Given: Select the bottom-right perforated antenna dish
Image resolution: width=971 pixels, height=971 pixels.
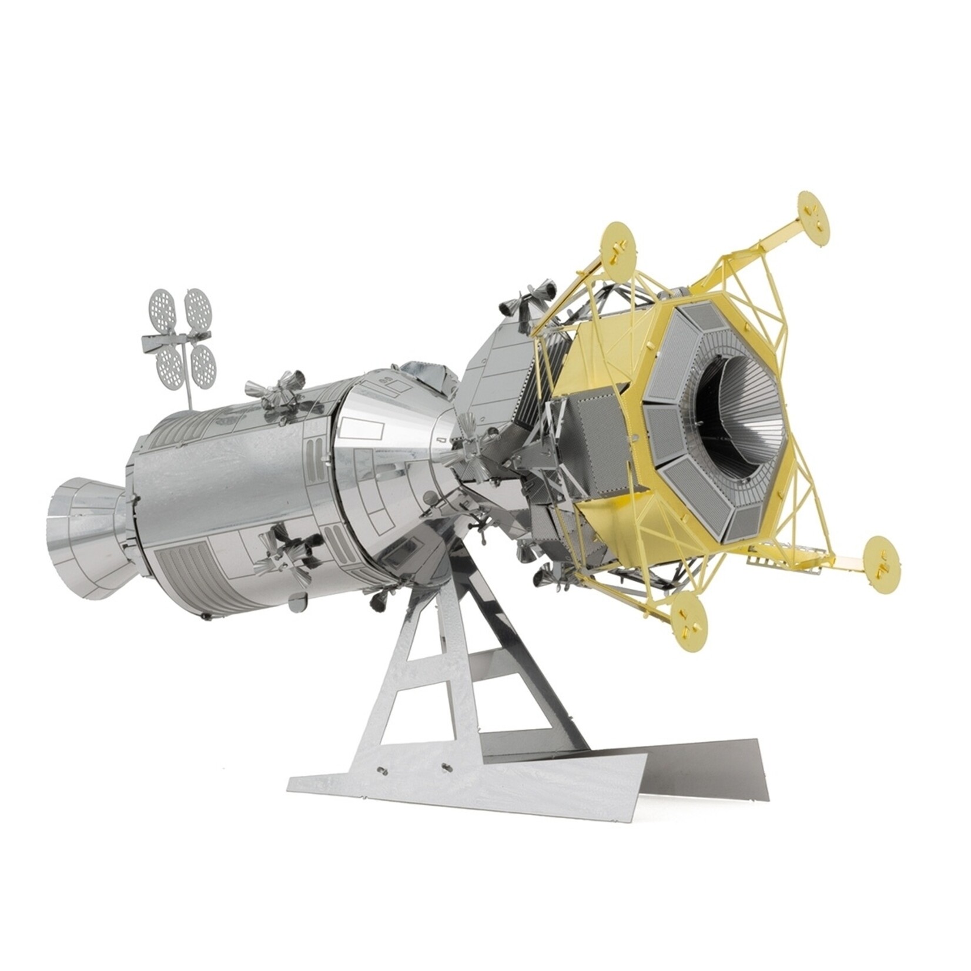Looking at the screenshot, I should click(x=203, y=360).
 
